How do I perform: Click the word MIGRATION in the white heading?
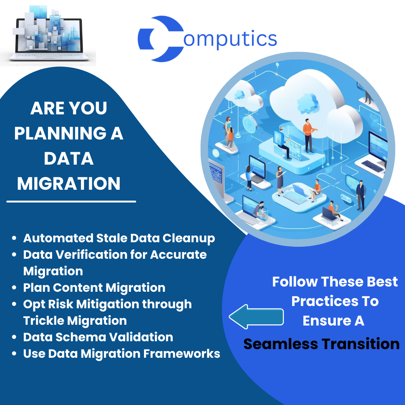pyautogui.click(x=69, y=184)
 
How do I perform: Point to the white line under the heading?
pyautogui.click(x=71, y=202)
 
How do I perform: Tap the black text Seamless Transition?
pyautogui.click(x=321, y=344)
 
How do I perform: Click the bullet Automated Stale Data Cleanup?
pyautogui.click(x=119, y=238)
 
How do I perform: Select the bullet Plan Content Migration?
pyautogui.click(x=94, y=288)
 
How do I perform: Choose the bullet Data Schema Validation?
pyautogui.click(x=98, y=337)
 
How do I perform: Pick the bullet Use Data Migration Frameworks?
pyautogui.click(x=121, y=354)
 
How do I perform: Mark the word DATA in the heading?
pyautogui.click(x=69, y=159)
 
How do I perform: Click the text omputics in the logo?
pyautogui.click(x=230, y=39)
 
